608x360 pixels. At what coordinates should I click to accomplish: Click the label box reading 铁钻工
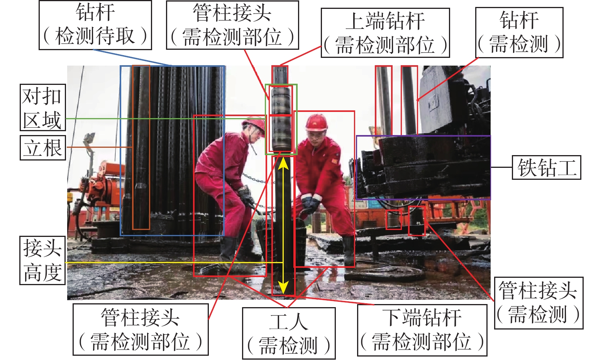point(546,167)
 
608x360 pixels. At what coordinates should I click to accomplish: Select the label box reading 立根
point(43,147)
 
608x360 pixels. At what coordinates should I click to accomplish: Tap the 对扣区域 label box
point(43,107)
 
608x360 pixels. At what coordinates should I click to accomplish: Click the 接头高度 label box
point(42,260)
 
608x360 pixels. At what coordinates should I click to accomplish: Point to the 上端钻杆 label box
point(385,32)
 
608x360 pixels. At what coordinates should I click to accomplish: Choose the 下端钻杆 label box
point(422,330)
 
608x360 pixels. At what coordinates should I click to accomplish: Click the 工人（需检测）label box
point(289,333)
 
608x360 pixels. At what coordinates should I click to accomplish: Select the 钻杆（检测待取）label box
point(95,25)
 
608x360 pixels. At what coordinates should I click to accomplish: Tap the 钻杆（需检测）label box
point(519,32)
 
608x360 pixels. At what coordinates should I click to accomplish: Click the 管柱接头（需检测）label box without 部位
point(539,303)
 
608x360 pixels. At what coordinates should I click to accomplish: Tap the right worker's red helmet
point(316,123)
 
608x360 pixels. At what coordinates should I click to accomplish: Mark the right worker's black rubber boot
point(349,251)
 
